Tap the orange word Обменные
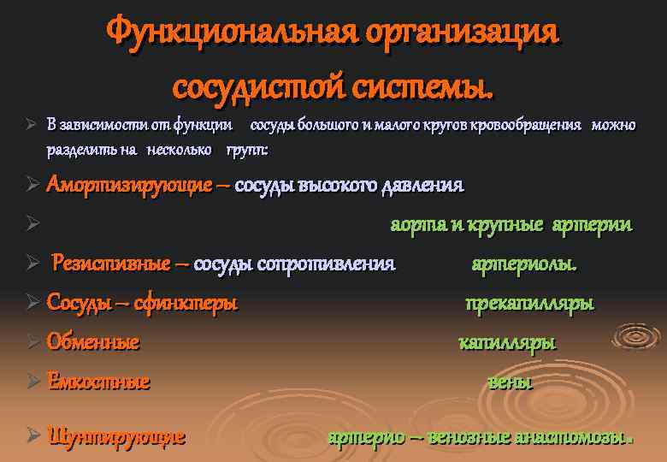pos(93,343)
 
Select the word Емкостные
pos(98,382)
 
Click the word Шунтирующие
pos(116,436)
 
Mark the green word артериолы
pos(524,264)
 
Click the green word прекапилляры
pos(529,303)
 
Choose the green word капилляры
pos(507,343)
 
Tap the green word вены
pos(510,382)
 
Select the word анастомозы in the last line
pos(573,436)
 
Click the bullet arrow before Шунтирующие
pos(33,436)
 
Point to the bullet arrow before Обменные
pos(33,343)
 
